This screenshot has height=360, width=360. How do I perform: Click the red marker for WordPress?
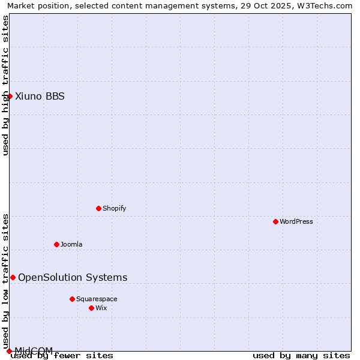click(x=275, y=221)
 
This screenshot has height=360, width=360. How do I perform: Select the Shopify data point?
click(x=98, y=208)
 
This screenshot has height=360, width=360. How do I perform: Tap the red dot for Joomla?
click(x=56, y=244)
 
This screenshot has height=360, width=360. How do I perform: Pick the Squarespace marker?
click(x=72, y=299)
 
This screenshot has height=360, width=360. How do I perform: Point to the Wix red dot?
click(x=91, y=308)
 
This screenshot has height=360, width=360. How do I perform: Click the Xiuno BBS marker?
click(x=10, y=96)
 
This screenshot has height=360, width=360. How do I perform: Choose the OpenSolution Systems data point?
click(x=13, y=277)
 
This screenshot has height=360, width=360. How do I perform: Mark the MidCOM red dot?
click(x=9, y=351)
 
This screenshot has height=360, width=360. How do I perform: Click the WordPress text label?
click(x=296, y=221)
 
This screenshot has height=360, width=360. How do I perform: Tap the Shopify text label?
click(x=115, y=208)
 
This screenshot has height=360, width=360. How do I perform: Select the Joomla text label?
click(x=72, y=244)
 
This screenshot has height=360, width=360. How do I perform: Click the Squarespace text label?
click(x=97, y=299)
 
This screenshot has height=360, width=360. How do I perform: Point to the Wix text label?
click(x=101, y=308)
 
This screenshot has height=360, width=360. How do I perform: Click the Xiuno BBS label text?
click(x=40, y=96)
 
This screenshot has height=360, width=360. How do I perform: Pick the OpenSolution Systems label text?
click(x=73, y=277)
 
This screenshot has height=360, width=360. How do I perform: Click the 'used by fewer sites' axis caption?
click(x=62, y=355)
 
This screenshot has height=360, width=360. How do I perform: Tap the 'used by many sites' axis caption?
click(x=301, y=355)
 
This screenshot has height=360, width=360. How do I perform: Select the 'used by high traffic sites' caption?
click(x=5, y=85)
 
